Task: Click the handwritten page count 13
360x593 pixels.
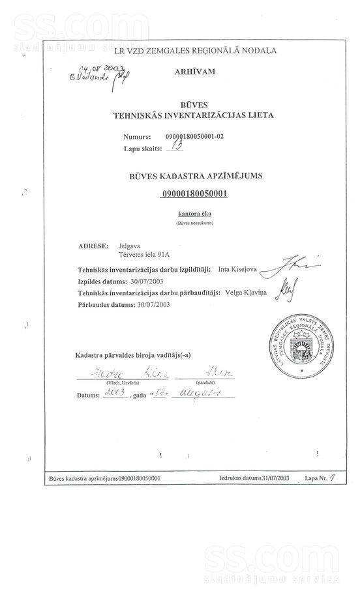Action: pos(174,147)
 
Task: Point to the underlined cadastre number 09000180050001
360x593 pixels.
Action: pos(194,194)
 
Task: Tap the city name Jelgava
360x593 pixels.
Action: pos(129,247)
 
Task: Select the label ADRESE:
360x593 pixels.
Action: pos(92,247)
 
